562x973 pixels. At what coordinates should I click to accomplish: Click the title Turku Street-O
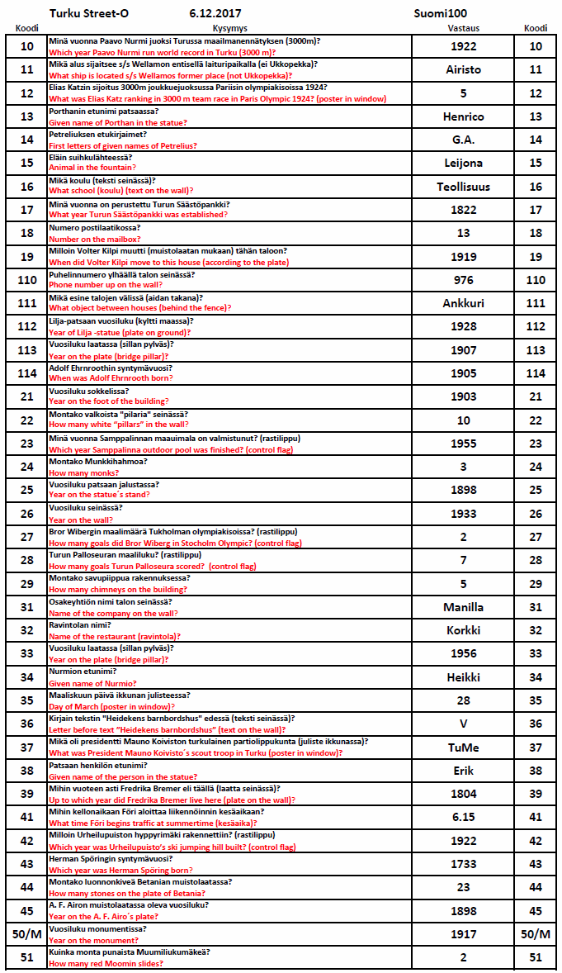[89, 14]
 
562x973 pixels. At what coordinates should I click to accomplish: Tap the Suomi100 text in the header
[441, 14]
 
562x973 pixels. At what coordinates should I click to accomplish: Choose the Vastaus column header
[453, 28]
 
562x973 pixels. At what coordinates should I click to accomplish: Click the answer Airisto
[463, 70]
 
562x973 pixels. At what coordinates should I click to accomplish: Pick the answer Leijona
[463, 164]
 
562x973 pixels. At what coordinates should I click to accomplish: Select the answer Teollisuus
[463, 187]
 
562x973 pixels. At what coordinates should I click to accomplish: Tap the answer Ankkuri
[463, 303]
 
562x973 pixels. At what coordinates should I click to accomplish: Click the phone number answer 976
[463, 280]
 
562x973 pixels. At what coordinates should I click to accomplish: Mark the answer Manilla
[463, 607]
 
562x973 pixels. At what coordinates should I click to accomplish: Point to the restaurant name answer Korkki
[463, 630]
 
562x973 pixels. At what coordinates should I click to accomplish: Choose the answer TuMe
[463, 748]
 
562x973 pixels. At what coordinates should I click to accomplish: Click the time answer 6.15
[463, 818]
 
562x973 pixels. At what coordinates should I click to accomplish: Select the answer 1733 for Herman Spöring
[463, 864]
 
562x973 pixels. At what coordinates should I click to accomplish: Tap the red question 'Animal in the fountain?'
[91, 168]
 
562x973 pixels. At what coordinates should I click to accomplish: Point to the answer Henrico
[463, 116]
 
